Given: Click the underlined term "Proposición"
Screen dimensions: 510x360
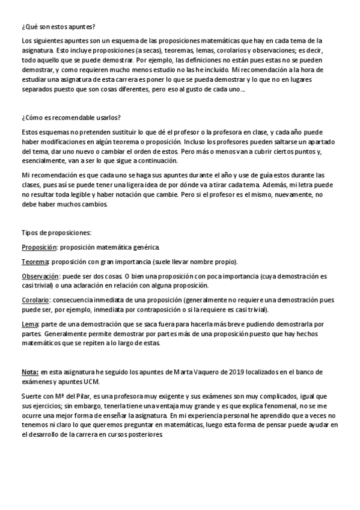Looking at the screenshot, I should (39, 247).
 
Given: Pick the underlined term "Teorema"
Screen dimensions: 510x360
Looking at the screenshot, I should (35, 262).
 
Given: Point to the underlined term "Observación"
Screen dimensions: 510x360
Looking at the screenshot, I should (39, 276).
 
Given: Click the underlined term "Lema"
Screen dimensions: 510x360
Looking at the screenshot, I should (28, 324).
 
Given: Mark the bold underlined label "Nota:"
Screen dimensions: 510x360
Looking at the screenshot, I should (30, 373).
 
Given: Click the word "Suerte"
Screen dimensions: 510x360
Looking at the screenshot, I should (32, 396).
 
